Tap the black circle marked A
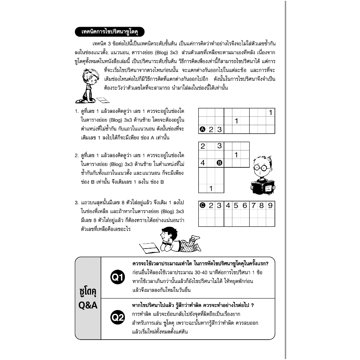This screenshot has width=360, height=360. pos(202,129)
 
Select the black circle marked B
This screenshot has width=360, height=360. pos(219,163)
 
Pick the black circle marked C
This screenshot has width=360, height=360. pos(202,205)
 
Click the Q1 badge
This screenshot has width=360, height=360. pos(117,277)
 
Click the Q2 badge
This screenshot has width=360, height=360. pos(117,318)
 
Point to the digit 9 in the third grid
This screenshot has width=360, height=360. pos(270,205)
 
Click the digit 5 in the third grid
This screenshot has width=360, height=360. pos(236,205)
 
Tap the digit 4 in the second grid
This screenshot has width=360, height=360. pos(203,163)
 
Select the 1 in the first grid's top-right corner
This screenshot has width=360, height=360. pos(270,113)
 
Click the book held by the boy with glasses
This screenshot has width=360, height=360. pos(262,187)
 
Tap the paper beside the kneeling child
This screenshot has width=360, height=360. pos(103,100)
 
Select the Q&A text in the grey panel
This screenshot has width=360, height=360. pos(88,306)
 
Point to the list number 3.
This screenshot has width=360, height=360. pos(76,203)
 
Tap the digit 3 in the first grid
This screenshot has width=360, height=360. pos(219,129)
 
